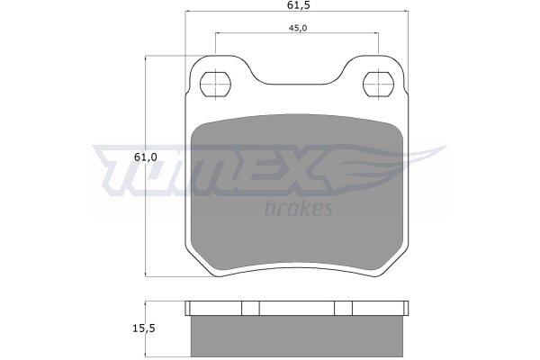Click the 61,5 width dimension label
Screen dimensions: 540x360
pyautogui.click(x=296, y=4)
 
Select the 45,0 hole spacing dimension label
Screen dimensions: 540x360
pyautogui.click(x=298, y=28)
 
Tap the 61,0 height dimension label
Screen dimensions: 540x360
pyautogui.click(x=145, y=157)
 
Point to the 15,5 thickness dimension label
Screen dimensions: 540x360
pyautogui.click(x=144, y=328)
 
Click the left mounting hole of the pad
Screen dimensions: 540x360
pyautogui.click(x=215, y=85)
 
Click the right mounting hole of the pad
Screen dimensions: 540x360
pyautogui.click(x=378, y=85)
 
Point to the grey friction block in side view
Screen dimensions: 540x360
pyautogui.click(x=296, y=336)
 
